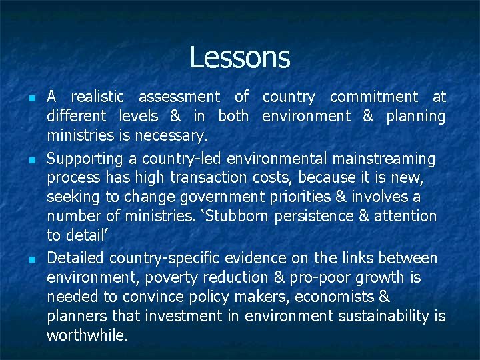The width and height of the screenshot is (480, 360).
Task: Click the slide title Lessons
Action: [x=240, y=57]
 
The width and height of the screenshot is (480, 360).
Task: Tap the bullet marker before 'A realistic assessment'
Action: [x=33, y=99]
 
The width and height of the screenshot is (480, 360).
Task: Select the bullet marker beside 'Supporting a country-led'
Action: [x=33, y=161]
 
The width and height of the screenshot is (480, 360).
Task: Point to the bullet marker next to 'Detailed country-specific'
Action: [x=33, y=259]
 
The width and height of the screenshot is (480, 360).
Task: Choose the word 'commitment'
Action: [x=374, y=97]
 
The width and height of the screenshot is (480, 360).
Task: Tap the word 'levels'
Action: [x=138, y=117]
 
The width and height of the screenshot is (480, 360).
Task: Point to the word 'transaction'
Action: [x=209, y=178]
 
